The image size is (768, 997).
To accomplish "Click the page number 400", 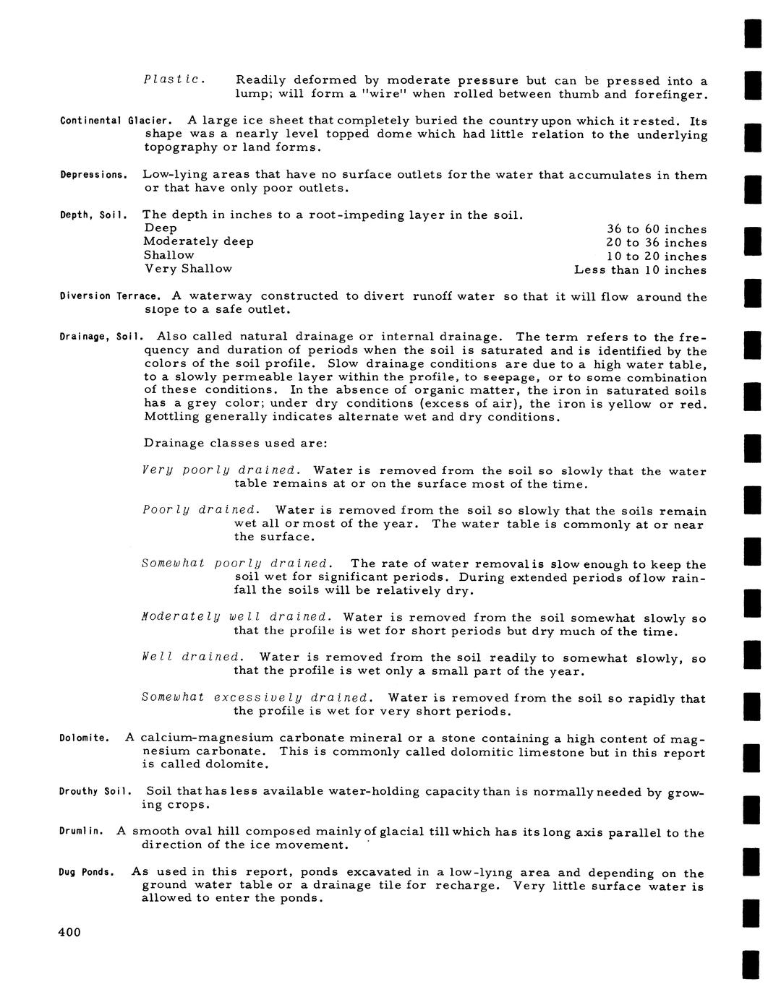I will [x=69, y=932].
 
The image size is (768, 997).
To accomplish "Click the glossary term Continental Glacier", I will [x=116, y=120].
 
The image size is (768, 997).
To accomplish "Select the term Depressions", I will [x=94, y=175].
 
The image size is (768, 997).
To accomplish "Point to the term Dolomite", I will [x=84, y=738].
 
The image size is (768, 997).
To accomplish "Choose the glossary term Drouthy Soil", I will [x=94, y=792].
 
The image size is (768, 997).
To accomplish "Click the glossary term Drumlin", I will [x=81, y=832].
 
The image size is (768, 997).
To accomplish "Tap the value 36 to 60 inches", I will [x=656, y=230].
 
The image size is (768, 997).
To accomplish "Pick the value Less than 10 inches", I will [x=640, y=270].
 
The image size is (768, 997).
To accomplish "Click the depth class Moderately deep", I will [x=198, y=241].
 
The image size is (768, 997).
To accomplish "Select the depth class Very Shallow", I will [x=188, y=269].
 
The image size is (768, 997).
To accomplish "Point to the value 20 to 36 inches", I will [x=656, y=243].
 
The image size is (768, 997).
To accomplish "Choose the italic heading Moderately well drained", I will [x=236, y=617].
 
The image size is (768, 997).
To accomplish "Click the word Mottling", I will [x=169, y=418].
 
